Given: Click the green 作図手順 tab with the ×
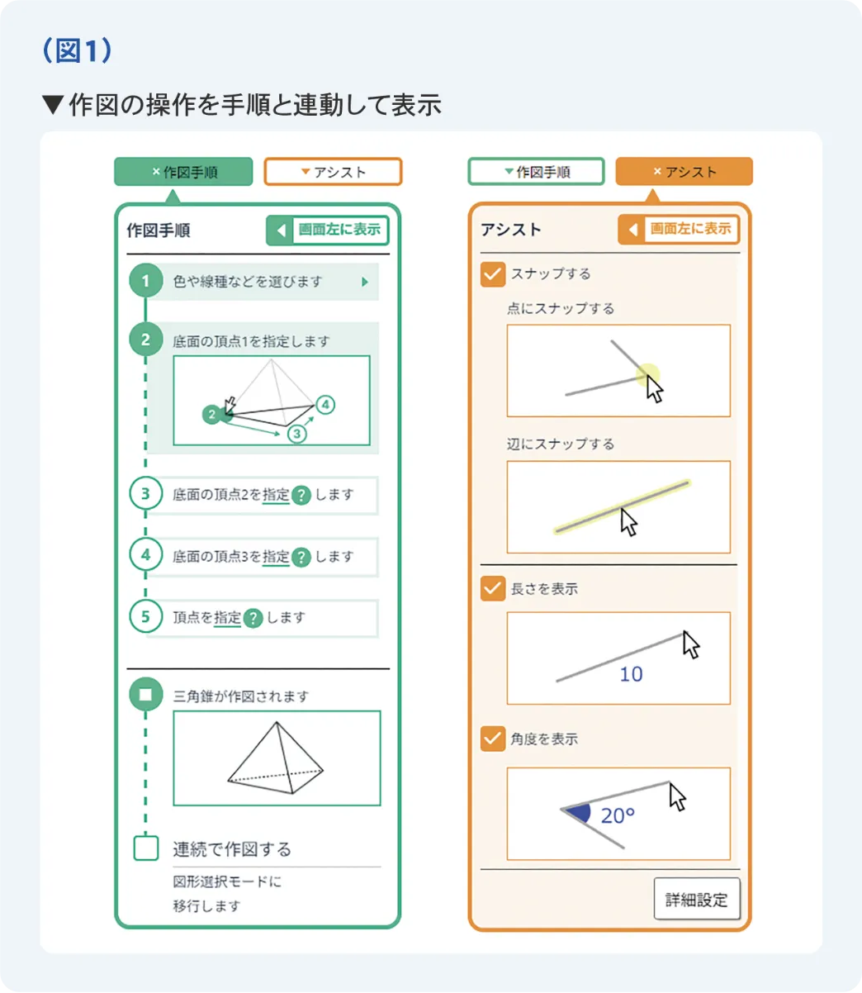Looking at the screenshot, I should (x=183, y=172).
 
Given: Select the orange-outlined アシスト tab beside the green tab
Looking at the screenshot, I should (x=333, y=172).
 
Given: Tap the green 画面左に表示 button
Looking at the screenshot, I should (x=328, y=230).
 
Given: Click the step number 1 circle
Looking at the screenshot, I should (x=146, y=282).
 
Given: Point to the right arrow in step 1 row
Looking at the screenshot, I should (x=365, y=282).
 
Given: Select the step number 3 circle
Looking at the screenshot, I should (x=146, y=494).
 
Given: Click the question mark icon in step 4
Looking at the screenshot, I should (x=301, y=557).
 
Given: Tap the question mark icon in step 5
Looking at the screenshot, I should (x=253, y=618).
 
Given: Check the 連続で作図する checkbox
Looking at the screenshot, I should (x=146, y=848).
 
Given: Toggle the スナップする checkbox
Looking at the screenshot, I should (x=493, y=274).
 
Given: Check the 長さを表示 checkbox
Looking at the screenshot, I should (x=493, y=589).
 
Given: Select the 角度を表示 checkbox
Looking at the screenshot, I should (x=493, y=739).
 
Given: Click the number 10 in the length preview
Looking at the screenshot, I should (x=631, y=675).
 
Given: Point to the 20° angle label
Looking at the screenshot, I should (x=618, y=816).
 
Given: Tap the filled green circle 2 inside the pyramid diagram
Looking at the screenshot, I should (x=212, y=415).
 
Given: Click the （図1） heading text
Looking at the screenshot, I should (x=76, y=51).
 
